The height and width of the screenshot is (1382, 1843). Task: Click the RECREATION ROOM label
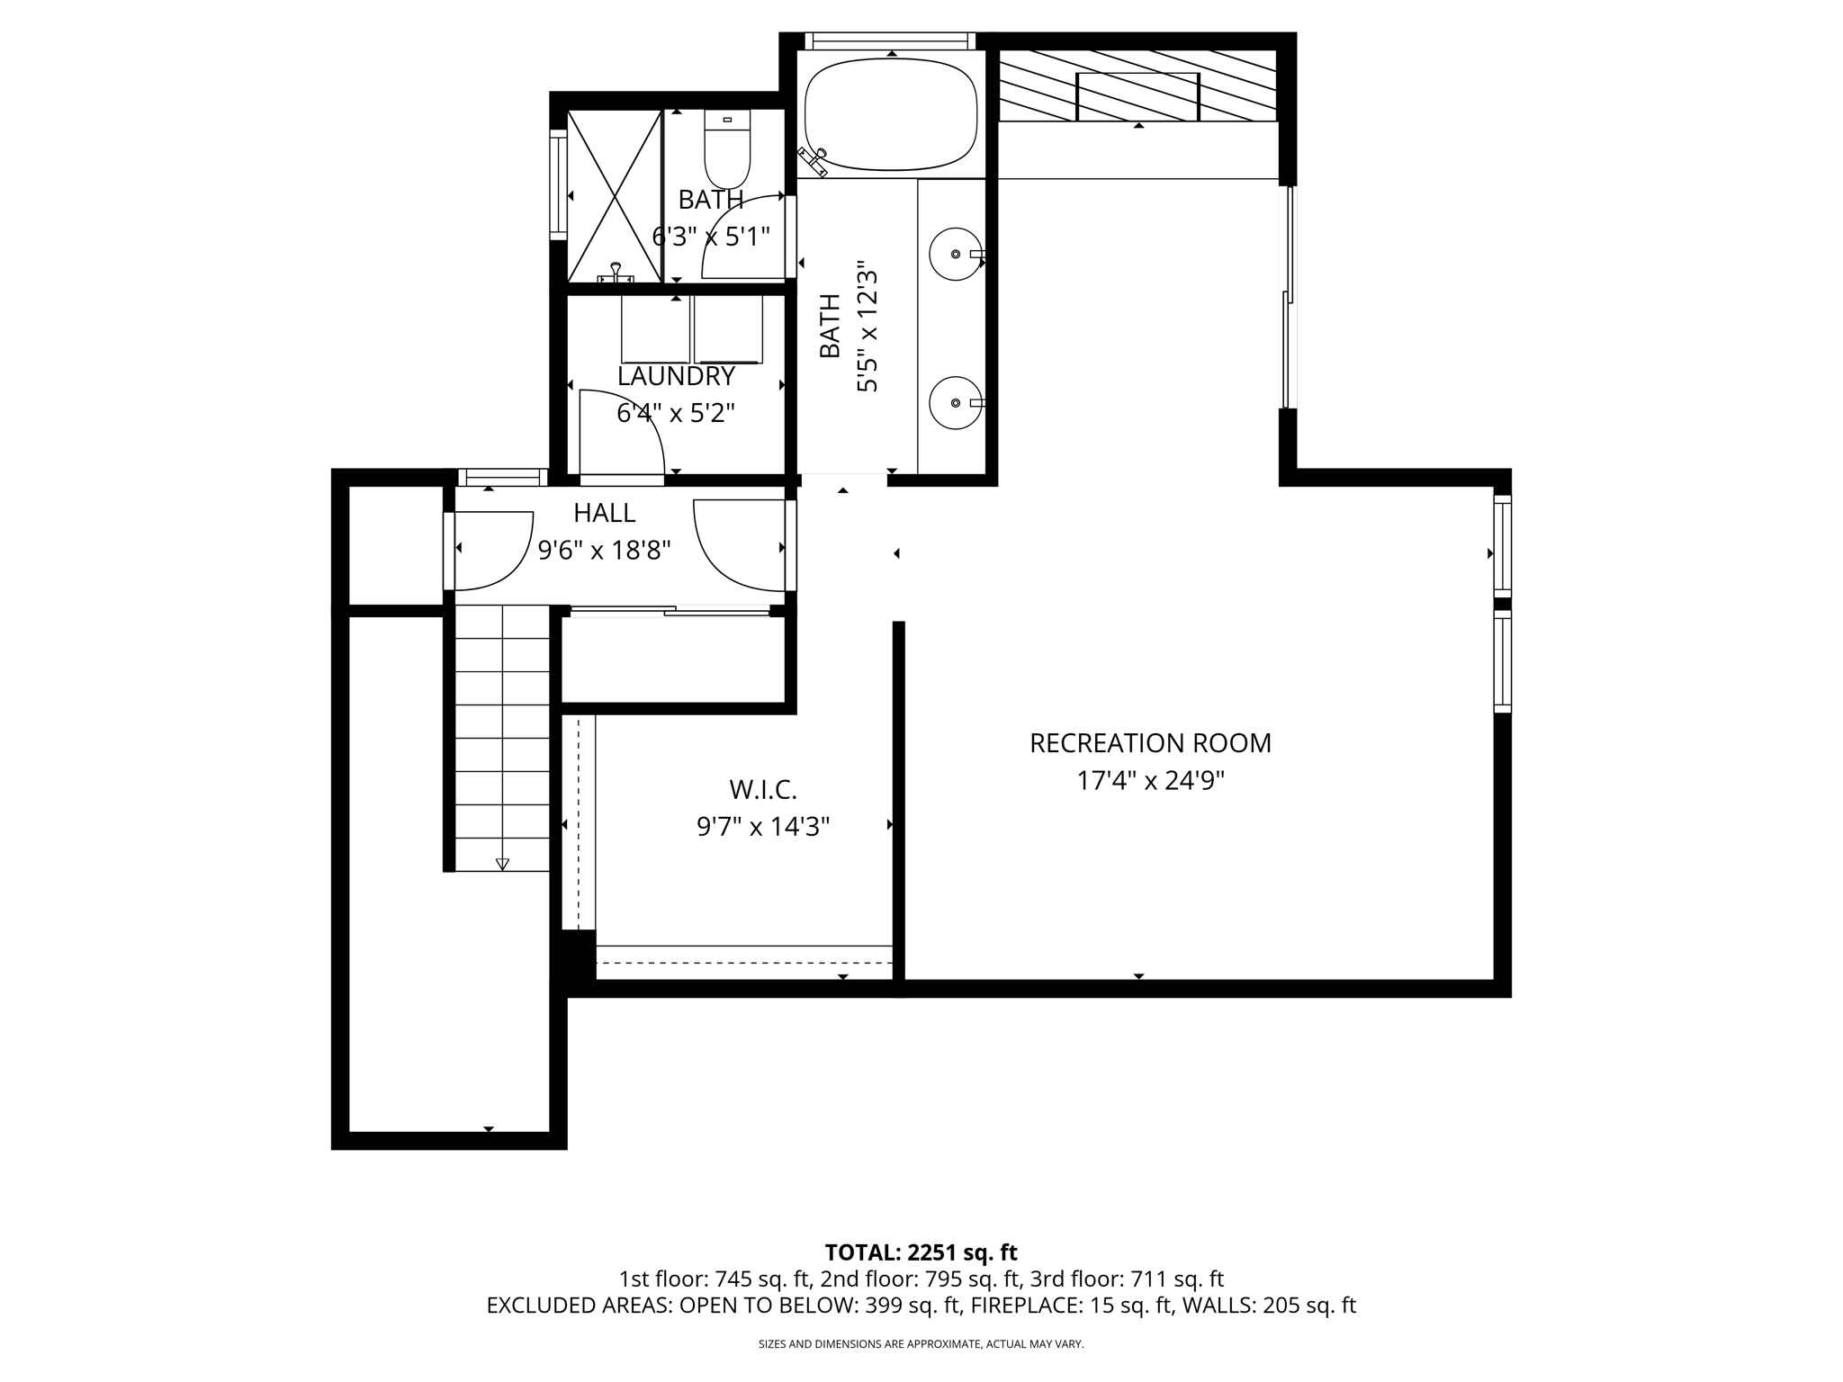tap(1150, 743)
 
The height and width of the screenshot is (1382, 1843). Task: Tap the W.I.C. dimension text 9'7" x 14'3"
tap(763, 826)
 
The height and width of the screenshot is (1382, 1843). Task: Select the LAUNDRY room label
tap(676, 376)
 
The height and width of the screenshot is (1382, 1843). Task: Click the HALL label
tap(605, 513)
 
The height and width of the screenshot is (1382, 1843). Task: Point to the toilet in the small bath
tap(727, 151)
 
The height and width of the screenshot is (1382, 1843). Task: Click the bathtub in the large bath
tap(891, 114)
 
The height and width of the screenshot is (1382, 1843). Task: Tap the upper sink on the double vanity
tap(955, 255)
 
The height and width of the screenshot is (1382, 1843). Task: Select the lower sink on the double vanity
tap(955, 404)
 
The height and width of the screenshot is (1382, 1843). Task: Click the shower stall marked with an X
tap(614, 196)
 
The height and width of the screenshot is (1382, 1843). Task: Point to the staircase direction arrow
tap(502, 864)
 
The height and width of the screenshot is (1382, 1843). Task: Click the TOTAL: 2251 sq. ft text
tap(921, 1252)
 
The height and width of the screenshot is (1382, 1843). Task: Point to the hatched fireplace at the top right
tap(1138, 85)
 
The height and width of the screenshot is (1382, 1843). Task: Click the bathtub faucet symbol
tap(814, 161)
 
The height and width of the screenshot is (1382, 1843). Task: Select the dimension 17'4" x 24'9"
tap(1150, 781)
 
